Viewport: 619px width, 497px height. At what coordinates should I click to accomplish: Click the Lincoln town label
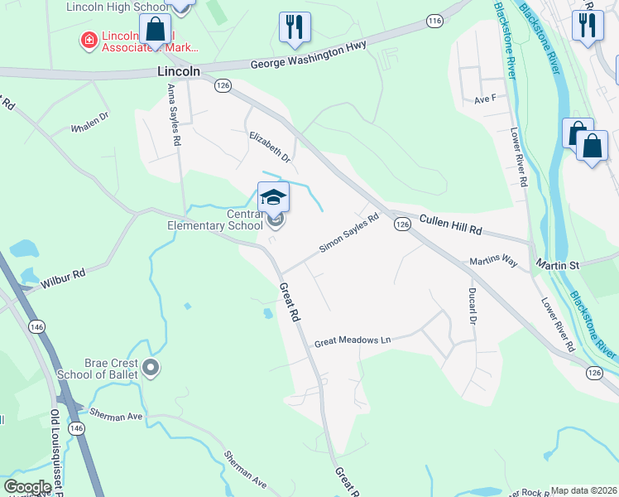(179, 72)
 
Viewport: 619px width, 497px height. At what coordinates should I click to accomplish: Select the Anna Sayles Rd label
(174, 114)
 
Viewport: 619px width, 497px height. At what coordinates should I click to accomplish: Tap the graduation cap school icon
(273, 197)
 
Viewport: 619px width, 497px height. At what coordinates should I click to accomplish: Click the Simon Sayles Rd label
(349, 234)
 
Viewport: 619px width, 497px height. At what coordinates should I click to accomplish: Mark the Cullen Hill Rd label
(450, 224)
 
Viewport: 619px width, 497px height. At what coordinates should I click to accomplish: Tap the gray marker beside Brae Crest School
(150, 366)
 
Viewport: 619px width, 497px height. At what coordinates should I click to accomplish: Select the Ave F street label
(484, 99)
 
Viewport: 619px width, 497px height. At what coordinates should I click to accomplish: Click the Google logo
(27, 487)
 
